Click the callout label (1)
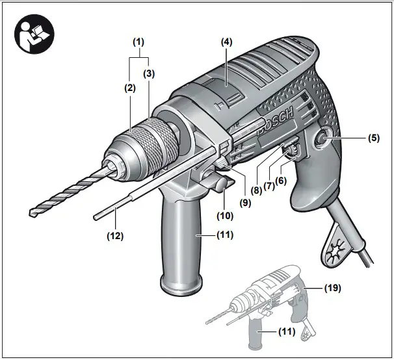point(138,42)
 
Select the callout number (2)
point(130,86)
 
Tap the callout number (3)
point(148,73)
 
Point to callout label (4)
point(226,42)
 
